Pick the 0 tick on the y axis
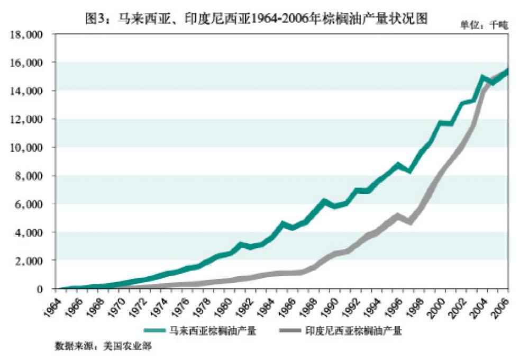45,289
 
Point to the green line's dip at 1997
409,170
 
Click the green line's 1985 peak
283,223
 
